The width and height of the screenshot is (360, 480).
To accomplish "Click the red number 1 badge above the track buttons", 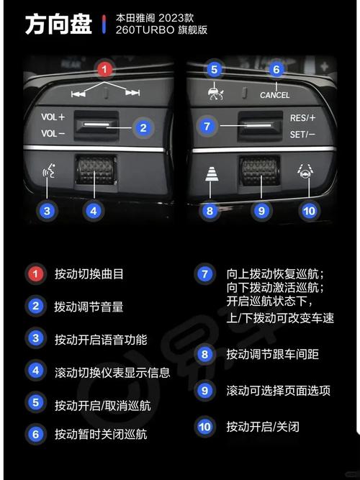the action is coord(104,70).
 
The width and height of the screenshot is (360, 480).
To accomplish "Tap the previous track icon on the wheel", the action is coord(78,94).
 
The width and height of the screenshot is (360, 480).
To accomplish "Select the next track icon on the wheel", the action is coord(132,92).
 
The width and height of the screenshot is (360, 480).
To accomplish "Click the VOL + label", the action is coord(53,117).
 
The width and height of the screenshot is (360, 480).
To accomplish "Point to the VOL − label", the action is coord(53,133).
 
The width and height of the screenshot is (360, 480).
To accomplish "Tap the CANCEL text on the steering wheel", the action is coord(274,95).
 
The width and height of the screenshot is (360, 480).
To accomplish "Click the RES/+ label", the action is coord(302,118).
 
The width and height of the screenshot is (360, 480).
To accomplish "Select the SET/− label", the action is coord(302,135).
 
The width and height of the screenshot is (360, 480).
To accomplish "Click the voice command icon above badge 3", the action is coord(49,171).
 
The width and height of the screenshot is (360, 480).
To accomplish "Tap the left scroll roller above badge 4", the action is coord(96,171).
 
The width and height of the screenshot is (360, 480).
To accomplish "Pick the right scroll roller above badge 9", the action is coord(261,171).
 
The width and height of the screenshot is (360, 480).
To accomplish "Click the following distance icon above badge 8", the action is coord(212,173).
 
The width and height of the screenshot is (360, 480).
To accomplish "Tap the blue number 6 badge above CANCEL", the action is coord(276,70).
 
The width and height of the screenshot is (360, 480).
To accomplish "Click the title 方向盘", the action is coord(58,24).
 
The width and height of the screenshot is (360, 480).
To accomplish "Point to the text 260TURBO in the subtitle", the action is coord(145,30).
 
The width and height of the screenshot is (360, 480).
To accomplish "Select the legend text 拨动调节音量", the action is coord(89,307).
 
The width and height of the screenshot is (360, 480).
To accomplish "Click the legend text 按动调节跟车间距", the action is coord(273,354).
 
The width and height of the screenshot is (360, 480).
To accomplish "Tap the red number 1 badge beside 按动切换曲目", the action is coord(35,273).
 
